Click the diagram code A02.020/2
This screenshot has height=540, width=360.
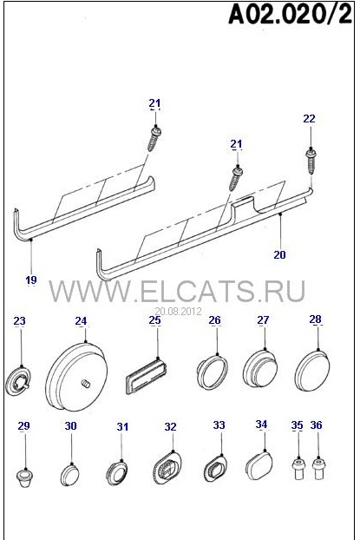tap(290, 15)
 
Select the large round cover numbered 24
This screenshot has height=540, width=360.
tap(75, 377)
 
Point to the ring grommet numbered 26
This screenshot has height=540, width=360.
tap(213, 372)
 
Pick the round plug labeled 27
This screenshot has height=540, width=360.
tap(260, 372)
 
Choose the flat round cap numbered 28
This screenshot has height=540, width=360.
tap(312, 371)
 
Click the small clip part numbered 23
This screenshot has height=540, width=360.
tap(19, 381)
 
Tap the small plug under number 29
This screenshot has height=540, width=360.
tap(25, 478)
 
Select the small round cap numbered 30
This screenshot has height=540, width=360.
tap(70, 475)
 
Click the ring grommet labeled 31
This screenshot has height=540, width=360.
tap(116, 472)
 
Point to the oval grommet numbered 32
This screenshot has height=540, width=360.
tap(167, 468)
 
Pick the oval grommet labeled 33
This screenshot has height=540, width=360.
tap(216, 468)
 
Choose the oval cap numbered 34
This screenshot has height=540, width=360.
tap(260, 466)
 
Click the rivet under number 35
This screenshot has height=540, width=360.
tap(298, 468)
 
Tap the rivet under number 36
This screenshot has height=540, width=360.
tap(319, 468)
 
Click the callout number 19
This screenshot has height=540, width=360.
tap(31, 280)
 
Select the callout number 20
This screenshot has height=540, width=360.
tap(279, 254)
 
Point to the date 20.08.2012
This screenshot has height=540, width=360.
tap(178, 312)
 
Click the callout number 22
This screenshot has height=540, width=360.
tap(309, 118)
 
